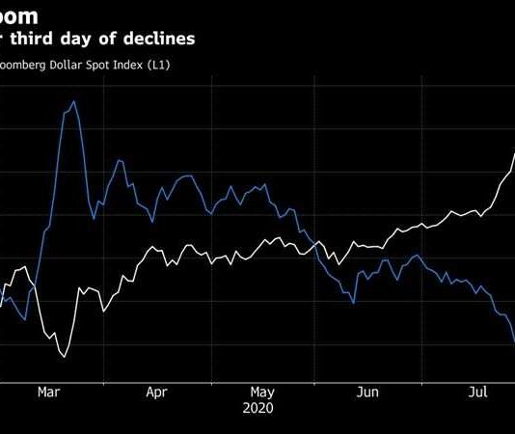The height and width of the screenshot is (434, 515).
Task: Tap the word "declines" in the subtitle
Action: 158,39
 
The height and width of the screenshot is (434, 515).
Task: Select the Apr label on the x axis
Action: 156,393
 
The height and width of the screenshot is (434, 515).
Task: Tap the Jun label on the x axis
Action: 367,393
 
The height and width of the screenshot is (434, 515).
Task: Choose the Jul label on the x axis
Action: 476,393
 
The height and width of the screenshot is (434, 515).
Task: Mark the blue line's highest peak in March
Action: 73,101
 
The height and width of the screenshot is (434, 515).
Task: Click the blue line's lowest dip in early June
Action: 353,303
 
